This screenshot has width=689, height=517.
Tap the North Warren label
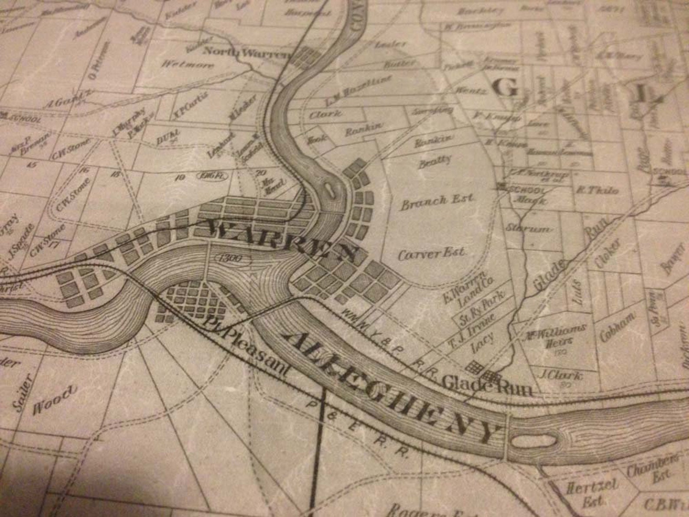click(x=246, y=53)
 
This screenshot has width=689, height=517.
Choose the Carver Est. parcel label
click(x=432, y=253)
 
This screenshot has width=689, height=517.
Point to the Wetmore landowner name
click(x=188, y=65)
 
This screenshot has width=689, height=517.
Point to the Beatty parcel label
click(x=434, y=161)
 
